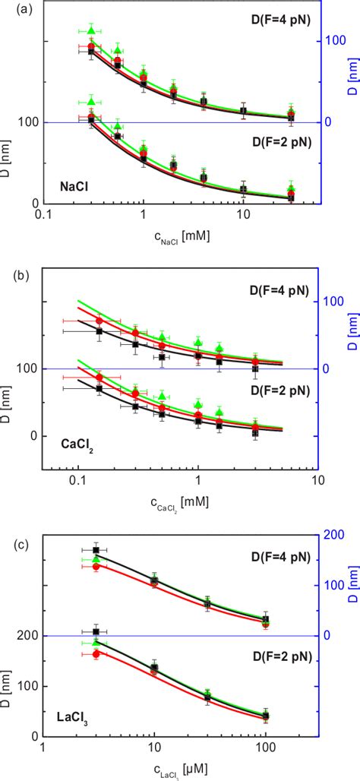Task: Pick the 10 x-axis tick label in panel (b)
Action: click(317, 480)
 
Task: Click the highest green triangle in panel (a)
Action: click(91, 30)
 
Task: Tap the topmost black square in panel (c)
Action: click(96, 550)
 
